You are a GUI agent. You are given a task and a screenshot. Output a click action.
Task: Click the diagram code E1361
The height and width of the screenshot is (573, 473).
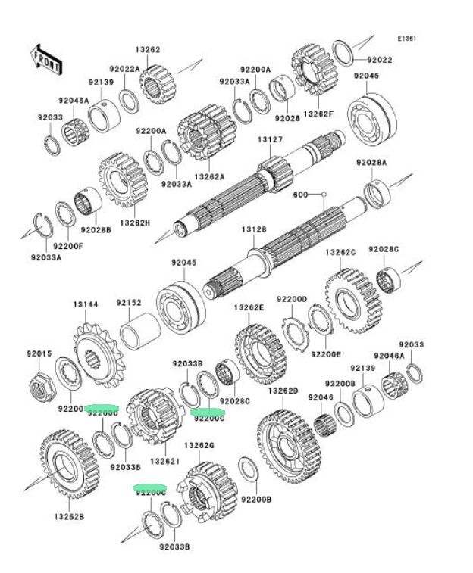click(408, 38)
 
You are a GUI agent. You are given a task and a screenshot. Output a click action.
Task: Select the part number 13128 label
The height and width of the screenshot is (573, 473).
click(254, 229)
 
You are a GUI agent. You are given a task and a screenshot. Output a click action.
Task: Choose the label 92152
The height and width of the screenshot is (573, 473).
click(129, 303)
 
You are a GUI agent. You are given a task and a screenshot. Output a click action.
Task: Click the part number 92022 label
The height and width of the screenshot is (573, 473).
click(380, 59)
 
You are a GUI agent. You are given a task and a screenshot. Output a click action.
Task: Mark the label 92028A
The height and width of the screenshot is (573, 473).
click(371, 162)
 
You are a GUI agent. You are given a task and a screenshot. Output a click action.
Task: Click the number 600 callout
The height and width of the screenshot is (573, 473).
click(301, 195)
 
